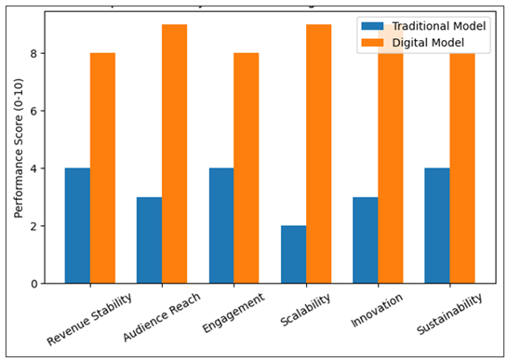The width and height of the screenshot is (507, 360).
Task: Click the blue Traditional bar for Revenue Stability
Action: click(x=77, y=226)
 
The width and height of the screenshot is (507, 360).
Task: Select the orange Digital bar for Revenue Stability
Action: click(x=102, y=168)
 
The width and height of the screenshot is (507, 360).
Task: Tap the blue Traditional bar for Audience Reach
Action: click(x=149, y=240)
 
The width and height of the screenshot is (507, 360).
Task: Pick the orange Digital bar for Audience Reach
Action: click(x=175, y=154)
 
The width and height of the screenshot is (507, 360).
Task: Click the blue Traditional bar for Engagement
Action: click(x=221, y=226)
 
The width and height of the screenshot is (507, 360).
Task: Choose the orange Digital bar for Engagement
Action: click(x=247, y=168)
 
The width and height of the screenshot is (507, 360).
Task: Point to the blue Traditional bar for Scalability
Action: click(x=293, y=254)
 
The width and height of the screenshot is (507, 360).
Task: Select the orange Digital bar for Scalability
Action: click(x=319, y=154)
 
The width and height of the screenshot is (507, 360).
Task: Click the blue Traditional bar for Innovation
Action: click(x=366, y=240)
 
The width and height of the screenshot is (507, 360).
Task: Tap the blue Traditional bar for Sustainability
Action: click(x=437, y=226)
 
